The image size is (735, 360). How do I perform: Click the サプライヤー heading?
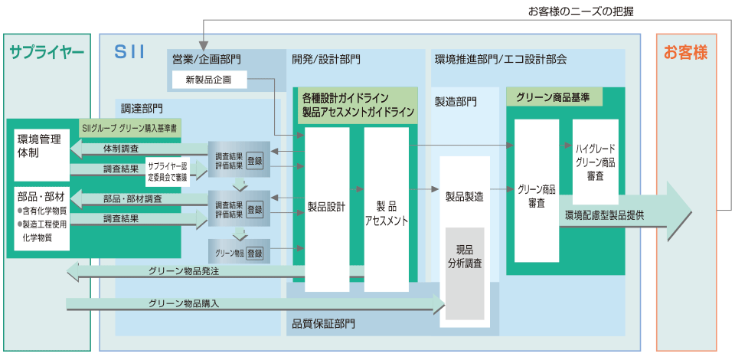(47, 52)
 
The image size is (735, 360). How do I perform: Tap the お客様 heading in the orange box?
(685, 52)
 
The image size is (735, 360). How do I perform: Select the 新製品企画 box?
(208, 79)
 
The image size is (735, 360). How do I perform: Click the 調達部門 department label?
(142, 108)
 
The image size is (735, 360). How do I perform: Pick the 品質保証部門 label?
(323, 323)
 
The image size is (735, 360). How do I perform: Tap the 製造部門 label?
(456, 100)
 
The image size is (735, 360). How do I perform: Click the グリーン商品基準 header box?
(554, 97)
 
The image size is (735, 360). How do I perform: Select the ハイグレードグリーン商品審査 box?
(595, 162)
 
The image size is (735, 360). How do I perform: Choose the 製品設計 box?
(326, 207)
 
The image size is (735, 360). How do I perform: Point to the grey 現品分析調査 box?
(465, 272)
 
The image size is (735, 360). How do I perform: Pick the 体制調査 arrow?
(122, 148)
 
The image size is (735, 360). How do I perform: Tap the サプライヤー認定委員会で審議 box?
(168, 170)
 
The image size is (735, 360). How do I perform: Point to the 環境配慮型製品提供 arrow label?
(605, 215)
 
